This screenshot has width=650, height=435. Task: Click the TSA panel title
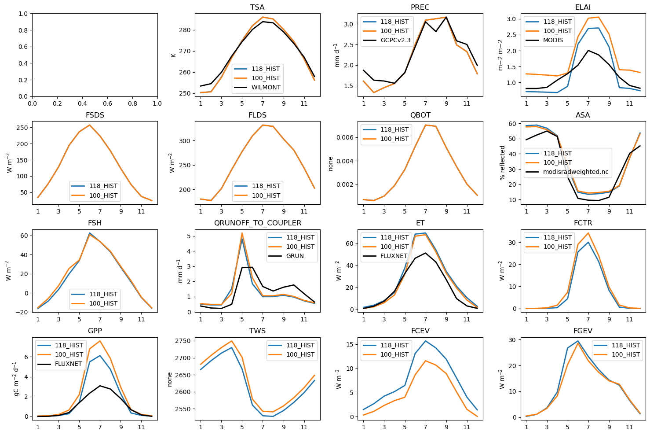click(257, 7)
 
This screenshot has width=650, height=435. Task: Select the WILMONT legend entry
click(266, 87)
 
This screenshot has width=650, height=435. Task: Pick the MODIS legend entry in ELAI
click(553, 41)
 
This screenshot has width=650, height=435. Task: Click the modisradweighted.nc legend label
click(576, 172)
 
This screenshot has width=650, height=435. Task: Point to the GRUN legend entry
click(295, 256)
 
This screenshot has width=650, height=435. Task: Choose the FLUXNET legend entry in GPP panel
click(68, 364)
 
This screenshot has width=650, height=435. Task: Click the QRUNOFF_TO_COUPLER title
click(257, 223)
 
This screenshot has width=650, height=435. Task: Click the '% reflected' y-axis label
click(502, 163)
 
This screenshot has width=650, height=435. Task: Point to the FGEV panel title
click(583, 331)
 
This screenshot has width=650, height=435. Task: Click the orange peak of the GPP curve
click(100, 341)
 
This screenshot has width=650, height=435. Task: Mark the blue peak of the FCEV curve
click(425, 341)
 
